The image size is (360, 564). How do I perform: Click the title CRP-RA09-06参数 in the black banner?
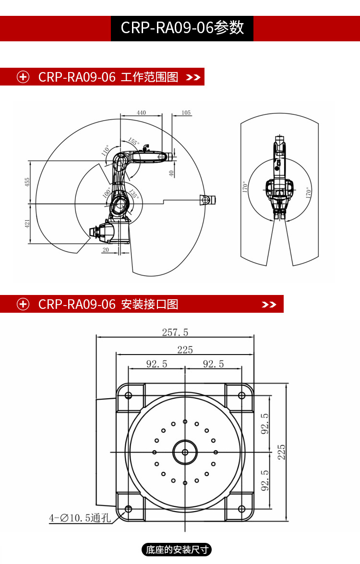tap(182, 28)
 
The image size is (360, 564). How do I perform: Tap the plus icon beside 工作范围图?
tap(23, 77)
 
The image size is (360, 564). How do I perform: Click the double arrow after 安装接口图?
tap(269, 305)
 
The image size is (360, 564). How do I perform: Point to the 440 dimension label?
tap(141, 113)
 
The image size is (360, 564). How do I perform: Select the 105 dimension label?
tap(186, 113)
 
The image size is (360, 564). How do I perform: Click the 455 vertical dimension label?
tap(28, 182)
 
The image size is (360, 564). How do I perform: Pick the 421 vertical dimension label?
tap(28, 223)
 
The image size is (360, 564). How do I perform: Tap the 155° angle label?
tap(134, 142)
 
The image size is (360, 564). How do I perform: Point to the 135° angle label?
tap(134, 195)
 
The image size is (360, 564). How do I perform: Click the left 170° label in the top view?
tap(244, 187)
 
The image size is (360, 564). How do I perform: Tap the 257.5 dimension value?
tap(175, 332)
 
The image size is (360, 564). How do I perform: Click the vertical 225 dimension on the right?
tap(282, 452)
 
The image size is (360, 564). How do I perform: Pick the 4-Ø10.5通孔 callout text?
tap(80, 518)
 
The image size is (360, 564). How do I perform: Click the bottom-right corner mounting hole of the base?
tap(241, 509)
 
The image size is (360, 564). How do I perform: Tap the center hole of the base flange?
tap(185, 452)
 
